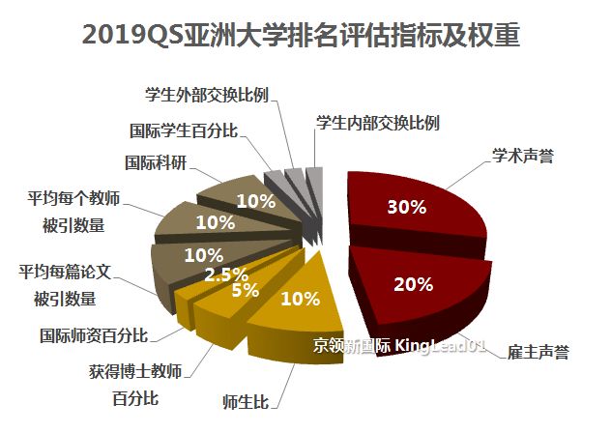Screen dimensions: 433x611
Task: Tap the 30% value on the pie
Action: click(x=404, y=207)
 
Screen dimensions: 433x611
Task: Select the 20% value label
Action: click(x=413, y=284)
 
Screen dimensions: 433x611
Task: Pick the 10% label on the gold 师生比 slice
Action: click(x=298, y=299)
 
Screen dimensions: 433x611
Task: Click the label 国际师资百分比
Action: click(x=94, y=336)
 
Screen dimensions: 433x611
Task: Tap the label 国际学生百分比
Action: click(x=184, y=130)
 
